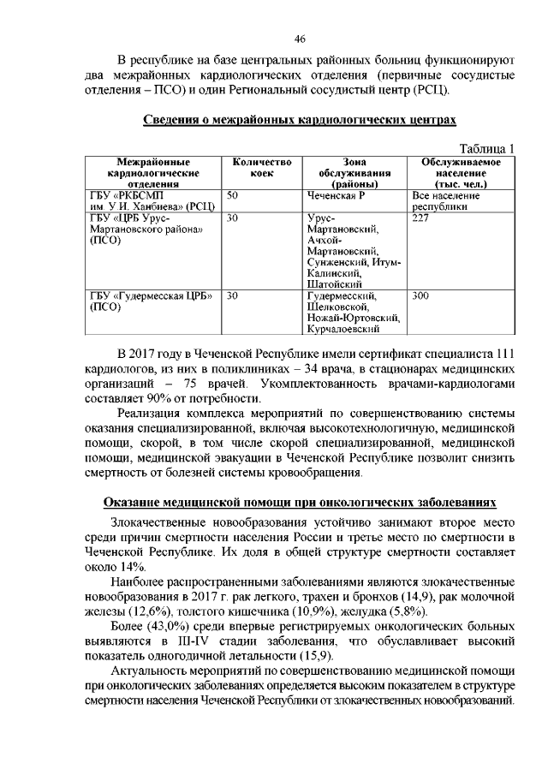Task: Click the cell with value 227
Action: [x=420, y=218]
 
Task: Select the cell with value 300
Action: [x=420, y=296]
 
